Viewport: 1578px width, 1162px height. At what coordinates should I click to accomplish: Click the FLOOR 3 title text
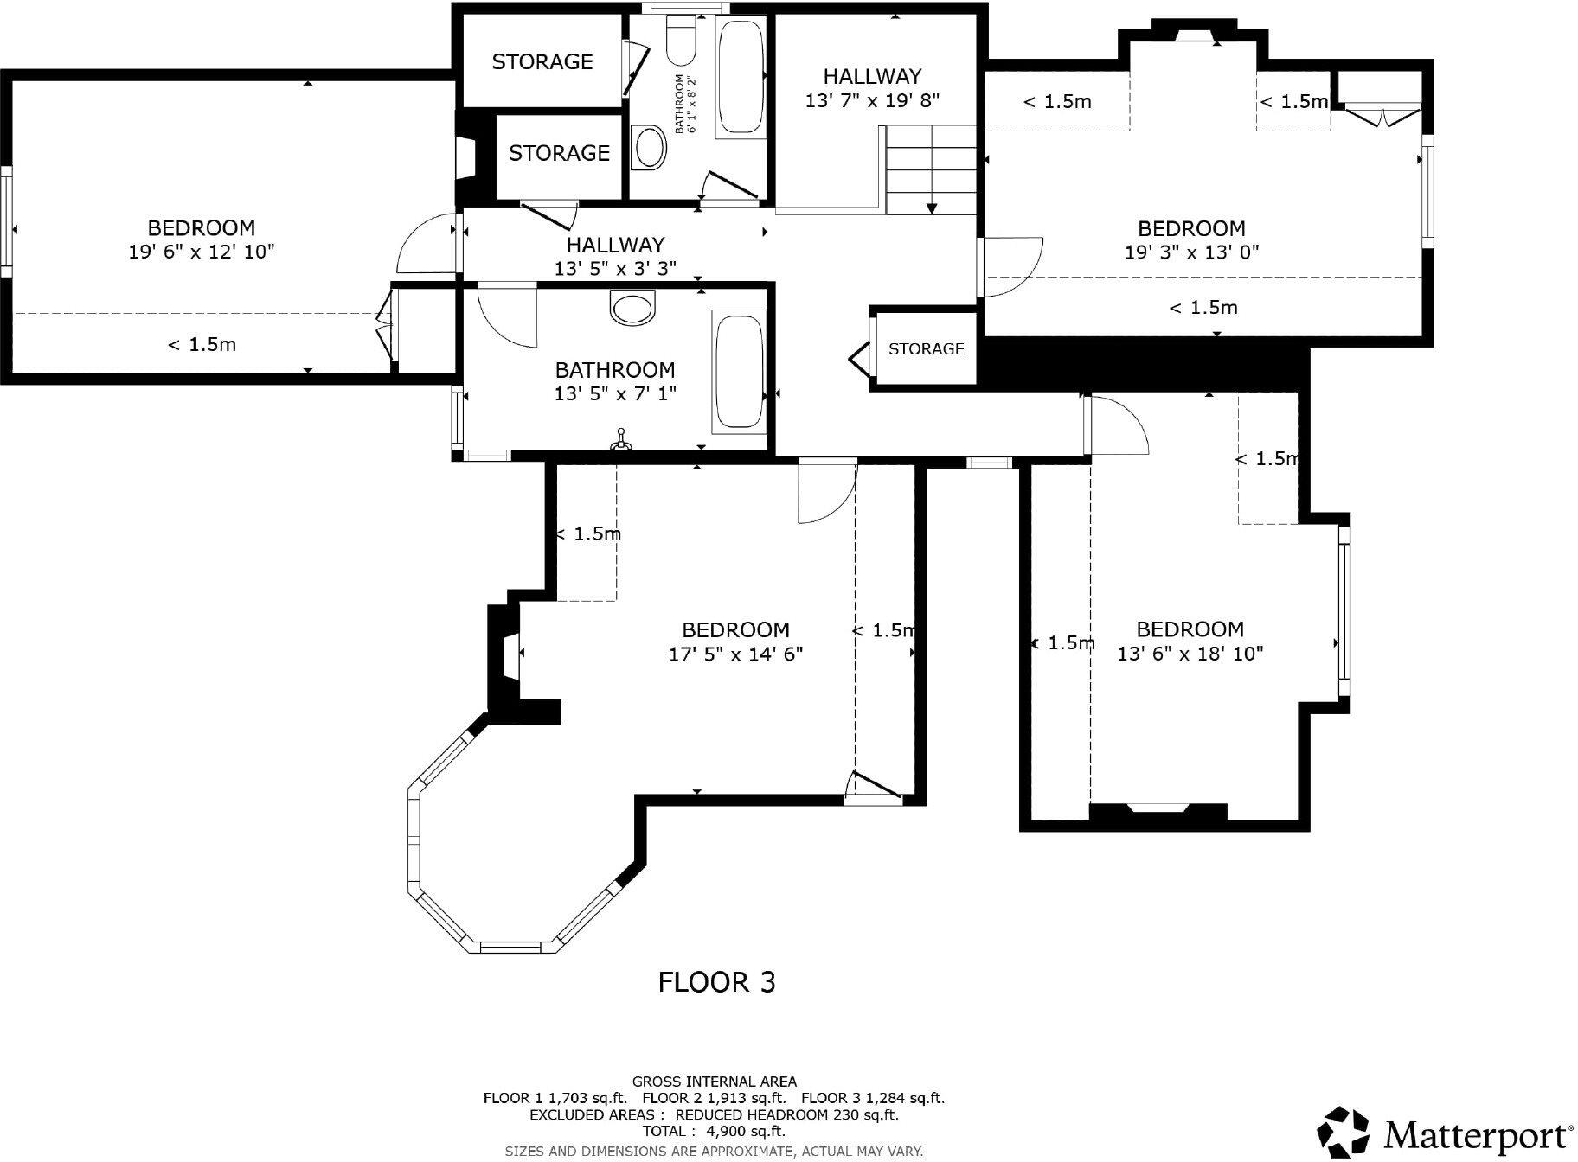(716, 982)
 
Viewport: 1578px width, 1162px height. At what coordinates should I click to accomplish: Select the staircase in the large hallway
(931, 169)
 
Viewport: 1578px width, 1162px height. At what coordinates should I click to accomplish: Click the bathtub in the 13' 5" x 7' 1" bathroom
(738, 373)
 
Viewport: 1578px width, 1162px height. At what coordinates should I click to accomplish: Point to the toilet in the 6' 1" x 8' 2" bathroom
(681, 42)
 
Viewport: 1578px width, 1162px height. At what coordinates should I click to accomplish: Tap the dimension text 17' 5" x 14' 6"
(735, 654)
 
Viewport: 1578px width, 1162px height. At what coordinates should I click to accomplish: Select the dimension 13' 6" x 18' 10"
(1190, 654)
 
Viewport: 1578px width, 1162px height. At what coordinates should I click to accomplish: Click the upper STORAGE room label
(542, 61)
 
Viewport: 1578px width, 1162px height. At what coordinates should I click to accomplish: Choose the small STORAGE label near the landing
(926, 348)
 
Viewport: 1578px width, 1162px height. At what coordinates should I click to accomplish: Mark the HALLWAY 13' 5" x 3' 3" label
(615, 257)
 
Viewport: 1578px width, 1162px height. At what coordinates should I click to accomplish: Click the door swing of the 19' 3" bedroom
(1014, 267)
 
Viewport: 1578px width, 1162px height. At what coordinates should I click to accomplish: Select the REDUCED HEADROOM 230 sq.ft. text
(786, 1114)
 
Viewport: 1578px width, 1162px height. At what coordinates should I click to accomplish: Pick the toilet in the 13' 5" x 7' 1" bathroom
(633, 307)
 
